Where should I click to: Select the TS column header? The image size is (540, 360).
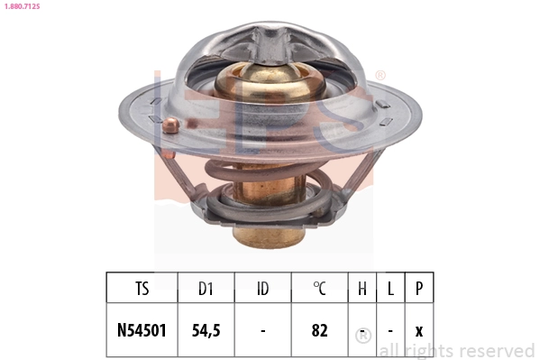pos(142,289)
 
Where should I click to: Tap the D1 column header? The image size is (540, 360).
pos(206,289)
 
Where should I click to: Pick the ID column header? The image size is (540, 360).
pos(262,289)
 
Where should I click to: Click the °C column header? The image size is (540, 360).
pos(319,289)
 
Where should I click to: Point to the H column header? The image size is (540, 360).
pos(362,289)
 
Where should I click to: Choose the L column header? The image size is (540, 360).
pos(390,289)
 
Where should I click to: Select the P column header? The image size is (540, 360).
pos(418,289)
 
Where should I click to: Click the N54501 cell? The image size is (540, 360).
pos(142,330)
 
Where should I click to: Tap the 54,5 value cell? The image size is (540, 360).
pos(206,330)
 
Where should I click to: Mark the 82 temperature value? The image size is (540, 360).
pos(319,330)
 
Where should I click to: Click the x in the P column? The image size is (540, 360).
pos(418,330)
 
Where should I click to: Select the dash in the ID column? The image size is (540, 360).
pos(262,330)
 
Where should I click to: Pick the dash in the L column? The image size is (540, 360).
pos(390,330)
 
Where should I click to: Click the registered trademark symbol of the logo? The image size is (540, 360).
pos(380,76)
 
